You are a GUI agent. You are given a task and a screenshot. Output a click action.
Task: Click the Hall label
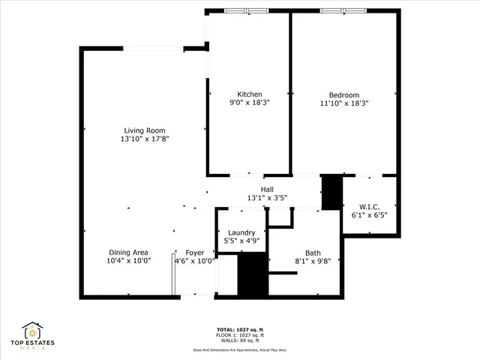point(267,189)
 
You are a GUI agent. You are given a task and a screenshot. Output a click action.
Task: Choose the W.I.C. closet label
point(368,206)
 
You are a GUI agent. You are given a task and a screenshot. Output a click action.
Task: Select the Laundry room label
point(241,233)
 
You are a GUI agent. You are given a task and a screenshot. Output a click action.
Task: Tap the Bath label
point(313,253)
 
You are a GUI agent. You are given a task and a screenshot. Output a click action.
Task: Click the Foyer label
point(194,253)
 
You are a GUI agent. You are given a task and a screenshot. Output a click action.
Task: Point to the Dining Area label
point(127,253)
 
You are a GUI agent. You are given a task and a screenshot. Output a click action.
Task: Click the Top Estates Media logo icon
point(33,330)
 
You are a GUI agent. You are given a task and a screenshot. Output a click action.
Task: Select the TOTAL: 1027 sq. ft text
point(240,329)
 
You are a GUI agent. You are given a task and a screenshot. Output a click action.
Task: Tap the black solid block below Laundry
point(252,275)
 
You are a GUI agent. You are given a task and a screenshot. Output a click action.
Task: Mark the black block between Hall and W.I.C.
point(331,193)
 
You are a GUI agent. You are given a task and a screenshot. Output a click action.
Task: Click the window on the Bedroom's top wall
point(343,10)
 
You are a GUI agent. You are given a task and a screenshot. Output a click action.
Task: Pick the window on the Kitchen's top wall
point(246,10)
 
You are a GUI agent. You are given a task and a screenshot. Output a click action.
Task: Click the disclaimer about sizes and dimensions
point(240,349)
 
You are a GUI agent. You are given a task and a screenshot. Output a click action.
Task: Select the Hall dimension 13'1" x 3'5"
point(267,198)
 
